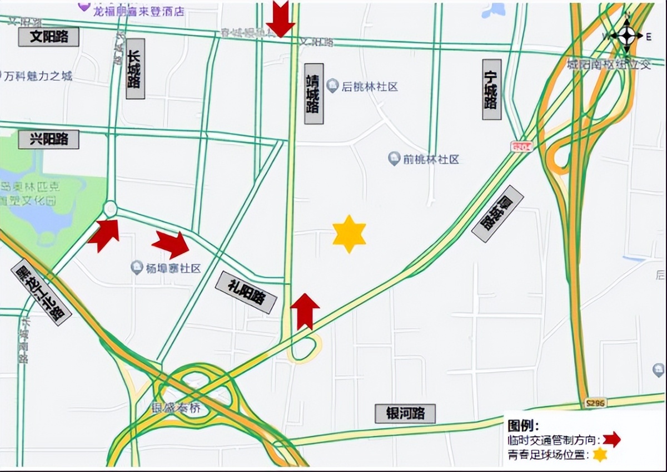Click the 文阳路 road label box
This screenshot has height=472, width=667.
(x=49, y=37)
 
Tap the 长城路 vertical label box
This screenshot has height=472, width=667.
(x=135, y=69)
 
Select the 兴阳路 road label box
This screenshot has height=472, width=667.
(x=49, y=139)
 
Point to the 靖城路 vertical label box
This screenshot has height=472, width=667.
(x=313, y=94)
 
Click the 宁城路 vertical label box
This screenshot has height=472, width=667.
(x=491, y=89)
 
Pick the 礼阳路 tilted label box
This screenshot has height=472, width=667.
(x=246, y=292)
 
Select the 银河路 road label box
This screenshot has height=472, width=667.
(x=405, y=414)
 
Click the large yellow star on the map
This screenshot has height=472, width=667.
(x=349, y=234)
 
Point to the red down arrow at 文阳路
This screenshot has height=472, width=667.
(x=280, y=18)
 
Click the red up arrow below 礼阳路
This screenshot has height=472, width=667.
(x=305, y=311)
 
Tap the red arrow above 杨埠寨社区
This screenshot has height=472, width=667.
(x=171, y=244)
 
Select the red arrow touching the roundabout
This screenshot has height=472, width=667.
(x=104, y=234)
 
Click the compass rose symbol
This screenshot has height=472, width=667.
(x=626, y=36)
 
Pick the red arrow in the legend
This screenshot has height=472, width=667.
(x=611, y=440)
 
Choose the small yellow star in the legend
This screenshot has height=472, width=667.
(x=600, y=455)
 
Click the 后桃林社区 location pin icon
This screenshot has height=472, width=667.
(x=332, y=86)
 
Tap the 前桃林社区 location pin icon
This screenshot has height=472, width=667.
(x=394, y=159)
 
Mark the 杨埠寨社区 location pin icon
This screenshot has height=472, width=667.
(x=137, y=268)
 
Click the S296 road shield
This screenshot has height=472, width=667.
(x=595, y=402)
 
